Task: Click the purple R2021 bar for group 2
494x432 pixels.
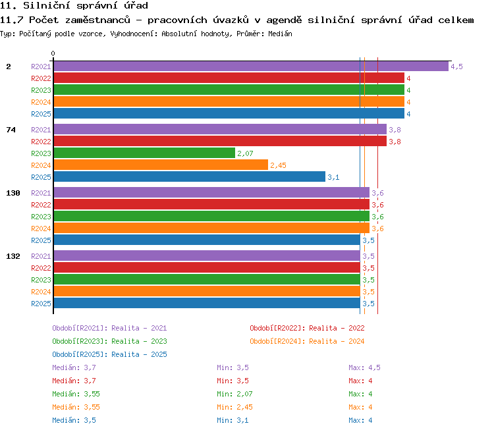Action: click(251, 66)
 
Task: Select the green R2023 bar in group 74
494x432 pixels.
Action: click(144, 153)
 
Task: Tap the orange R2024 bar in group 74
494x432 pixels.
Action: click(161, 165)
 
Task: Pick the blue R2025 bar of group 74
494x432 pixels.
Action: click(189, 176)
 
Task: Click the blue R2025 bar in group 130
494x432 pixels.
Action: click(207, 240)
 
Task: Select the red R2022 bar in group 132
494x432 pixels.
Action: click(207, 268)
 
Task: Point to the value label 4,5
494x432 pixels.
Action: click(456, 67)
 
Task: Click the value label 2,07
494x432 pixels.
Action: click(245, 153)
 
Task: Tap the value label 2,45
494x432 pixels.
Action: click(278, 165)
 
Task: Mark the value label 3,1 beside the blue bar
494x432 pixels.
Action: click(333, 177)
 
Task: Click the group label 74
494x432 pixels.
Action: click(11, 130)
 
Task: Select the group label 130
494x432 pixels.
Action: click(13, 193)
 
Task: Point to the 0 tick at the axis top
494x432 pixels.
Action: click(53, 53)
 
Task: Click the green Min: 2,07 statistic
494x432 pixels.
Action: click(234, 394)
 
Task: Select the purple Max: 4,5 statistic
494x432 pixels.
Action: click(364, 367)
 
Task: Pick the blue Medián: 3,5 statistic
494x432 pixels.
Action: click(74, 420)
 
